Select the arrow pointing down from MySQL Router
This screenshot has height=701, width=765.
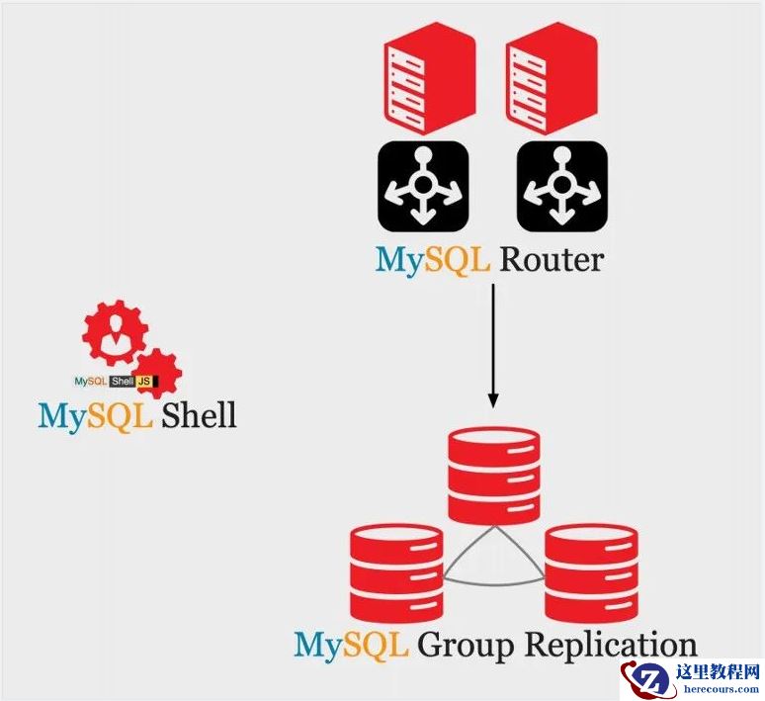pyautogui.click(x=492, y=346)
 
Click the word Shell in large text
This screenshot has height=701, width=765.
pyautogui.click(x=199, y=414)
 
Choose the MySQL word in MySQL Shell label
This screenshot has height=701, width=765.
pyautogui.click(x=94, y=414)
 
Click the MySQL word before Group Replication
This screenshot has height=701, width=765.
pyautogui.click(x=351, y=646)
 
